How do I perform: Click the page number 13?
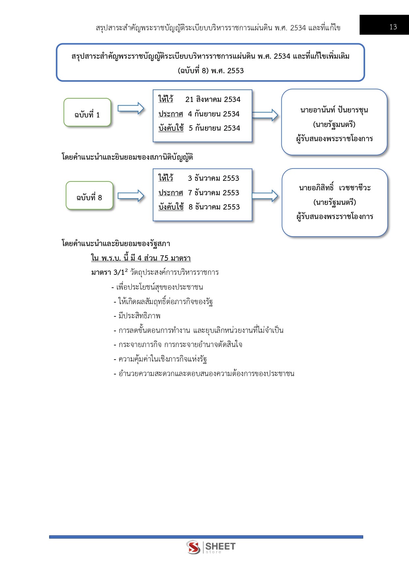(x=393, y=27)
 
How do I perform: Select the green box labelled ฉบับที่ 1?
(x=87, y=113)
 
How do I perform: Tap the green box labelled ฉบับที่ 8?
(x=89, y=196)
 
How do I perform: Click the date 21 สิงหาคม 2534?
(x=213, y=99)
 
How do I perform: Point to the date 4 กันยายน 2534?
(x=213, y=114)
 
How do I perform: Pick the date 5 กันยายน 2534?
(x=214, y=128)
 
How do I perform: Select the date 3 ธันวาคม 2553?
(x=213, y=178)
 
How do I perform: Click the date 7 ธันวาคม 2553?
(x=213, y=193)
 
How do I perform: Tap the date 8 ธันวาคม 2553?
(x=214, y=207)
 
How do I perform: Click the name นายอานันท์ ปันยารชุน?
(x=334, y=110)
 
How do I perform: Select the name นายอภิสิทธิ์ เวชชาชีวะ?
(x=335, y=188)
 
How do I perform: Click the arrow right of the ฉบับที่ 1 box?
(x=131, y=109)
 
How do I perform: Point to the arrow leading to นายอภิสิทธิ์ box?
(x=265, y=196)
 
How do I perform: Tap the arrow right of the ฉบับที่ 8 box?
(x=131, y=196)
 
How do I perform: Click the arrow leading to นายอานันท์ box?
(x=265, y=115)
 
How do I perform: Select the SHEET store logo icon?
(x=193, y=547)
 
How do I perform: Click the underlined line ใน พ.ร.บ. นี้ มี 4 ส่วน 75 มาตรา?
(x=141, y=258)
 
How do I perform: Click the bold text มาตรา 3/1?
(x=108, y=273)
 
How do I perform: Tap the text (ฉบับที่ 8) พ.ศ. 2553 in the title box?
(x=210, y=71)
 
